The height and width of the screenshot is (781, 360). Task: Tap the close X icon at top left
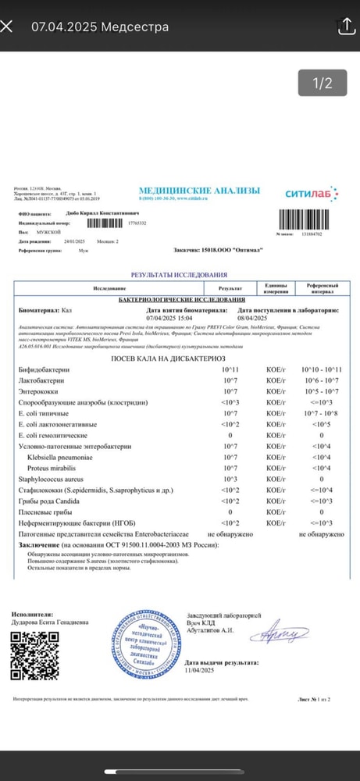[x=7, y=26]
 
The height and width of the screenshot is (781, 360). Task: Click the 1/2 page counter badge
[x=323, y=83]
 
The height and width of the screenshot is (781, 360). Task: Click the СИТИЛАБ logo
[x=311, y=193]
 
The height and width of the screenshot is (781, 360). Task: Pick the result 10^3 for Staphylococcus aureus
[x=230, y=478]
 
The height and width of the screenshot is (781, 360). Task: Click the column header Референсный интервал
[x=322, y=289]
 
